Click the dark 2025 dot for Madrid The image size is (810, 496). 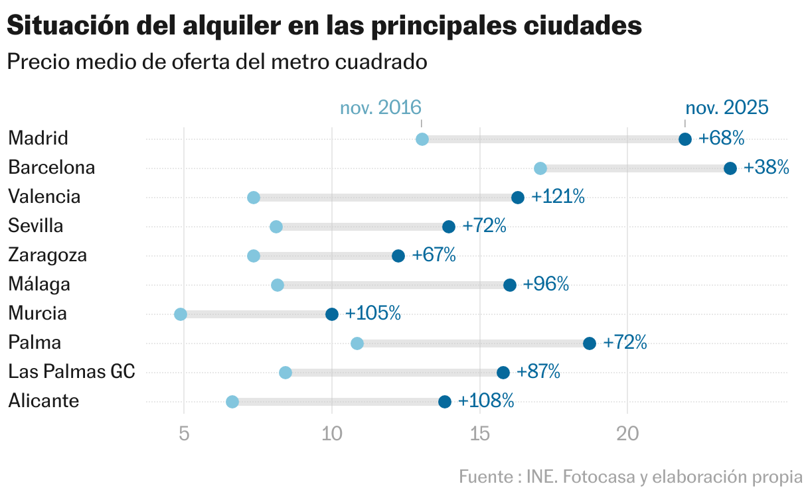pos(685,139)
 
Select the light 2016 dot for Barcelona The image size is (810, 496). pos(540,168)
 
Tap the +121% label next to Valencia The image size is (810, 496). pos(558,197)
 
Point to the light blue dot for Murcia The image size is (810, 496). pos(181,314)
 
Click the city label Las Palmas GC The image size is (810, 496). pos(72,372)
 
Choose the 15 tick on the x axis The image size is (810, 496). pos(479,434)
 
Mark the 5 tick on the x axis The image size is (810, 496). pos(184,434)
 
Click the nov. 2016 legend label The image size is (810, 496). pos(380,108)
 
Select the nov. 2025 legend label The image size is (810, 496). pos(726,108)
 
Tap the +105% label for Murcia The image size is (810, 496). pos(372,314)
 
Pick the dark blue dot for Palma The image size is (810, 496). pos(590,343)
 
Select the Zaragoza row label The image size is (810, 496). pos(48,255)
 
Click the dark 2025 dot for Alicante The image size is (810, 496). pos(445,402)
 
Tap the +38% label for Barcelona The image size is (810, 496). pos(766,168)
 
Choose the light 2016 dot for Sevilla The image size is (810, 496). pos(276,227)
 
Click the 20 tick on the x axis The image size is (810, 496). pos(627,434)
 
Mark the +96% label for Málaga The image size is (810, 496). pos(546,284)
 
